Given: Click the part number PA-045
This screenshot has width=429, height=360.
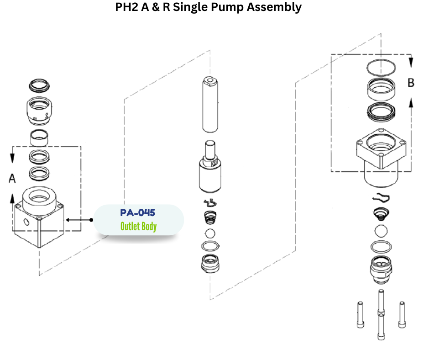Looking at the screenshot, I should [x=137, y=213].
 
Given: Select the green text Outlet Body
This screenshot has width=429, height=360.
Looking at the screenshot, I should [x=138, y=227].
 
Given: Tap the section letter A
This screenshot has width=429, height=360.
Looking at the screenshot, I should [x=12, y=179].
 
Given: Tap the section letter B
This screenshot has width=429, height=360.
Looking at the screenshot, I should [x=411, y=83].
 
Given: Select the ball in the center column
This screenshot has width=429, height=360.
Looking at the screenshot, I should [x=209, y=233].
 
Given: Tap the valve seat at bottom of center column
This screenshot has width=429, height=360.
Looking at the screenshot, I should [x=210, y=264].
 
